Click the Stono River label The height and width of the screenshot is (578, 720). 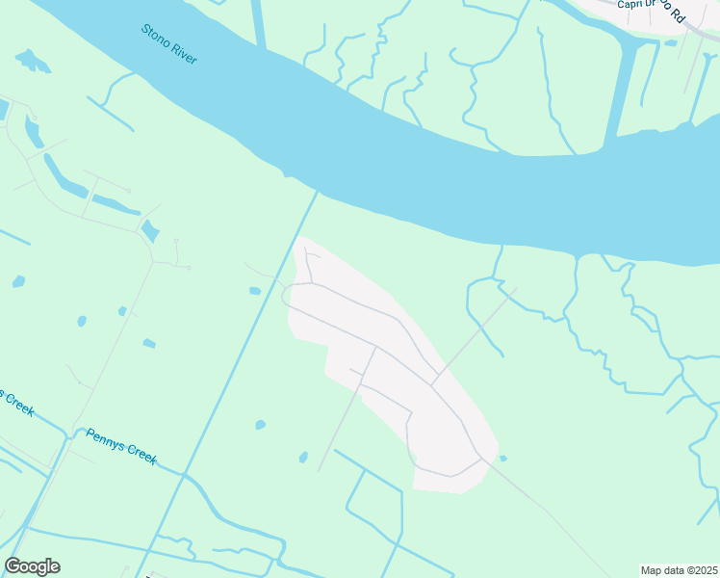pyautogui.click(x=169, y=44)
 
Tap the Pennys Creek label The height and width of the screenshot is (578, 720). pyautogui.click(x=121, y=446)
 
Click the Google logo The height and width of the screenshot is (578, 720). pyautogui.click(x=32, y=566)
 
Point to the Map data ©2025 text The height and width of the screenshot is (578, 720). pyautogui.click(x=680, y=570)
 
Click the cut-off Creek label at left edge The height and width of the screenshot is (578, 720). pyautogui.click(x=16, y=403)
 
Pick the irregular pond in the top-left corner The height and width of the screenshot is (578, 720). pyautogui.click(x=33, y=61)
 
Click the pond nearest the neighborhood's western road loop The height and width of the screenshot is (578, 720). pyautogui.click(x=254, y=291)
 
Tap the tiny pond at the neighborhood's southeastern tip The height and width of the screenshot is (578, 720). pyautogui.click(x=503, y=458)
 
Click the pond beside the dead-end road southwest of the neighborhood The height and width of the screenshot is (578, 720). pyautogui.click(x=303, y=457)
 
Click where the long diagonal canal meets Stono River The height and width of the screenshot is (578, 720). pyautogui.click(x=316, y=193)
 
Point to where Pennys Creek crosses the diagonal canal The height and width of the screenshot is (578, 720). pyautogui.click(x=178, y=471)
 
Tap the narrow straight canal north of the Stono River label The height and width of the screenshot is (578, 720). pyautogui.click(x=258, y=23)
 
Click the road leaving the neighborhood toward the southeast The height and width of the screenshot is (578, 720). pyautogui.click(x=539, y=506)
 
